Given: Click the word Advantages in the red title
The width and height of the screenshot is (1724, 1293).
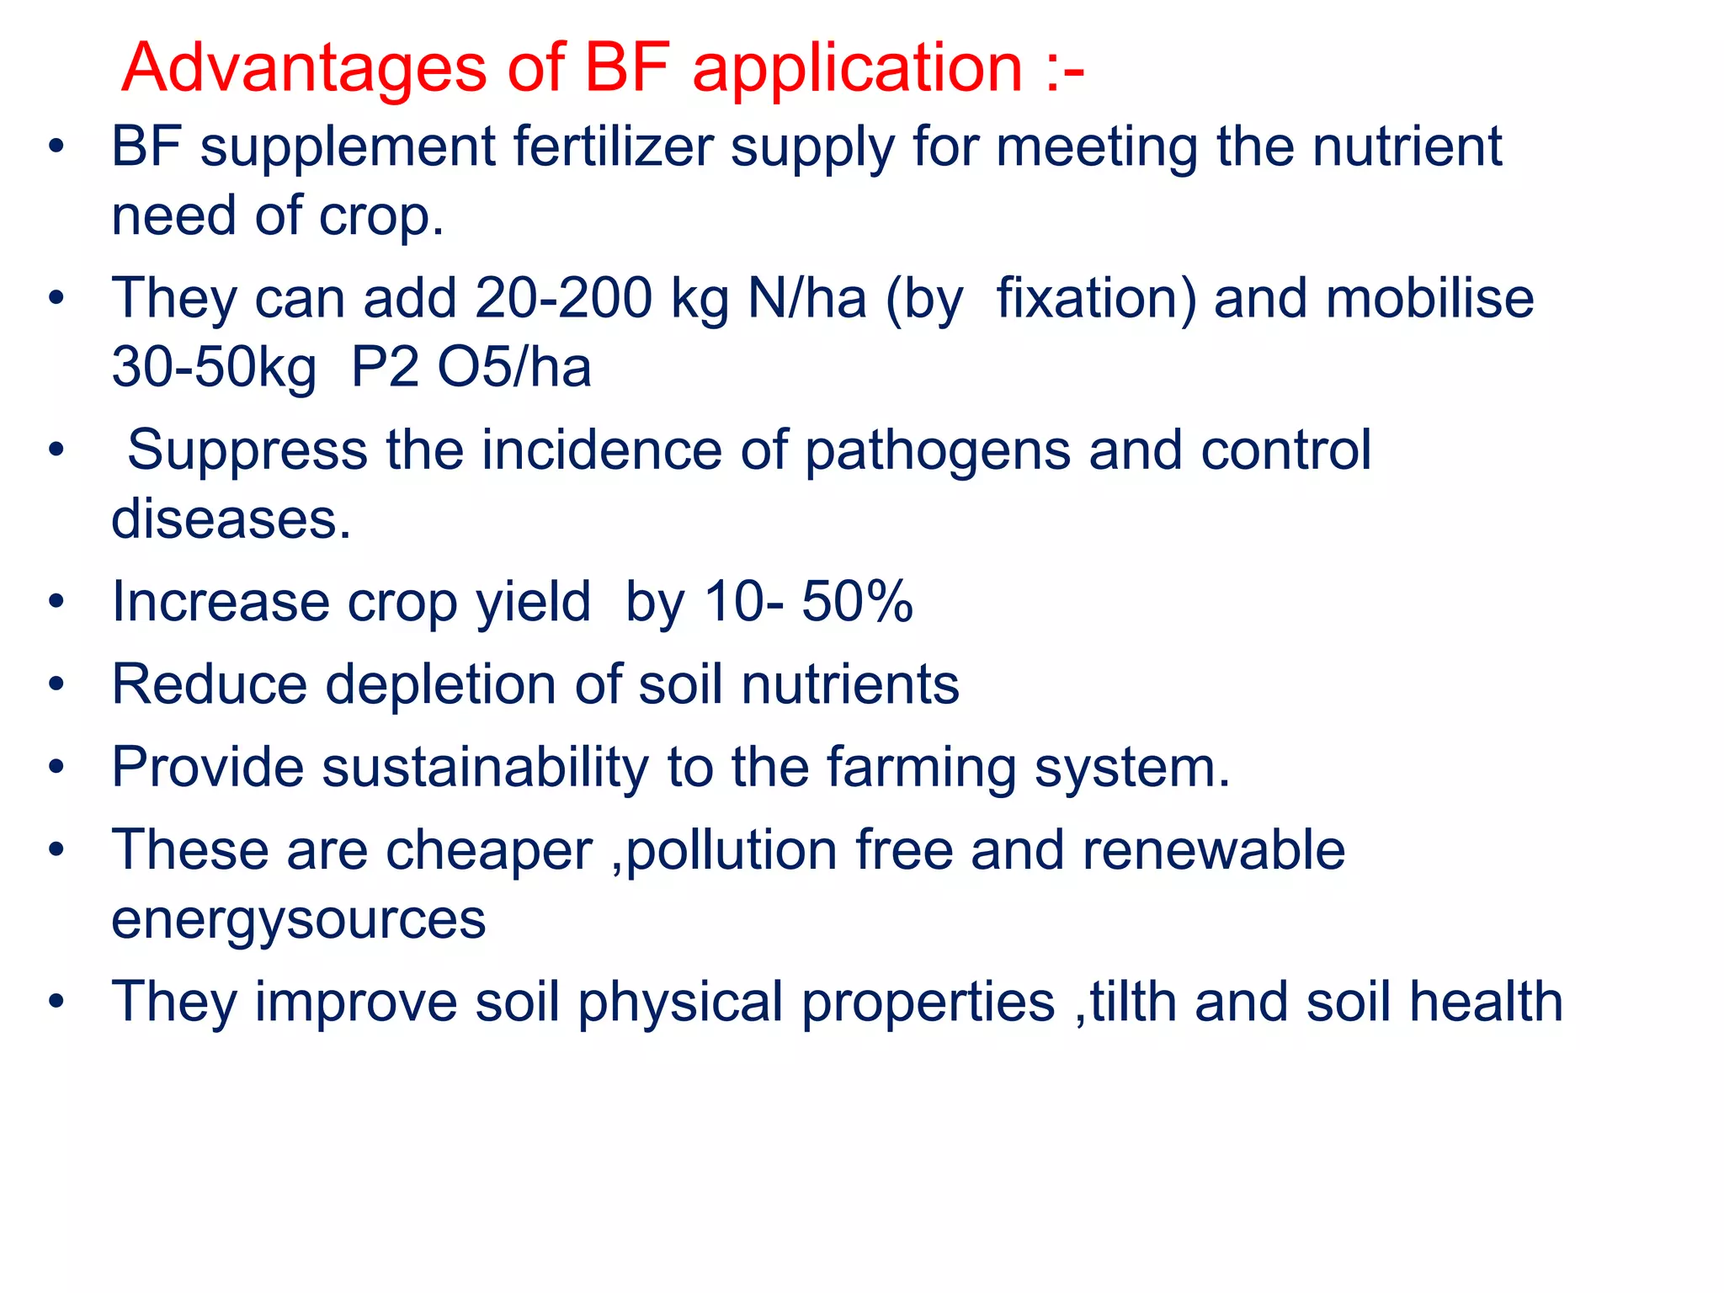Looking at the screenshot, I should click(304, 68).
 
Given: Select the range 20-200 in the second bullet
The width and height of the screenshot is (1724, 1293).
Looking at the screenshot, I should click(563, 299).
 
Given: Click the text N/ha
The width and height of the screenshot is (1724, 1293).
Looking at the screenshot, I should click(806, 299).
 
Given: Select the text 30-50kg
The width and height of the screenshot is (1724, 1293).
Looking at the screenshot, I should click(214, 368).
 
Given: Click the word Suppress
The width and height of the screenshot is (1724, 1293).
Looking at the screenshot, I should click(247, 450).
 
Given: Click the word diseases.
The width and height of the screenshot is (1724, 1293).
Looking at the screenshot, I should click(231, 519).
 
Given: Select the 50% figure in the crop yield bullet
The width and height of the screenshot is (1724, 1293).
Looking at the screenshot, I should click(857, 602).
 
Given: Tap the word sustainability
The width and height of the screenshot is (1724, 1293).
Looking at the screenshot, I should click(485, 768).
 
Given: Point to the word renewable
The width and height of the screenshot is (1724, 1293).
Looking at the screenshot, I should click(1213, 850).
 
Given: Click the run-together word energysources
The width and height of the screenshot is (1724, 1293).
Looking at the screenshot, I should click(298, 920).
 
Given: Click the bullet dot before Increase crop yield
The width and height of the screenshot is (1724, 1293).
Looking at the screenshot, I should click(56, 602).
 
